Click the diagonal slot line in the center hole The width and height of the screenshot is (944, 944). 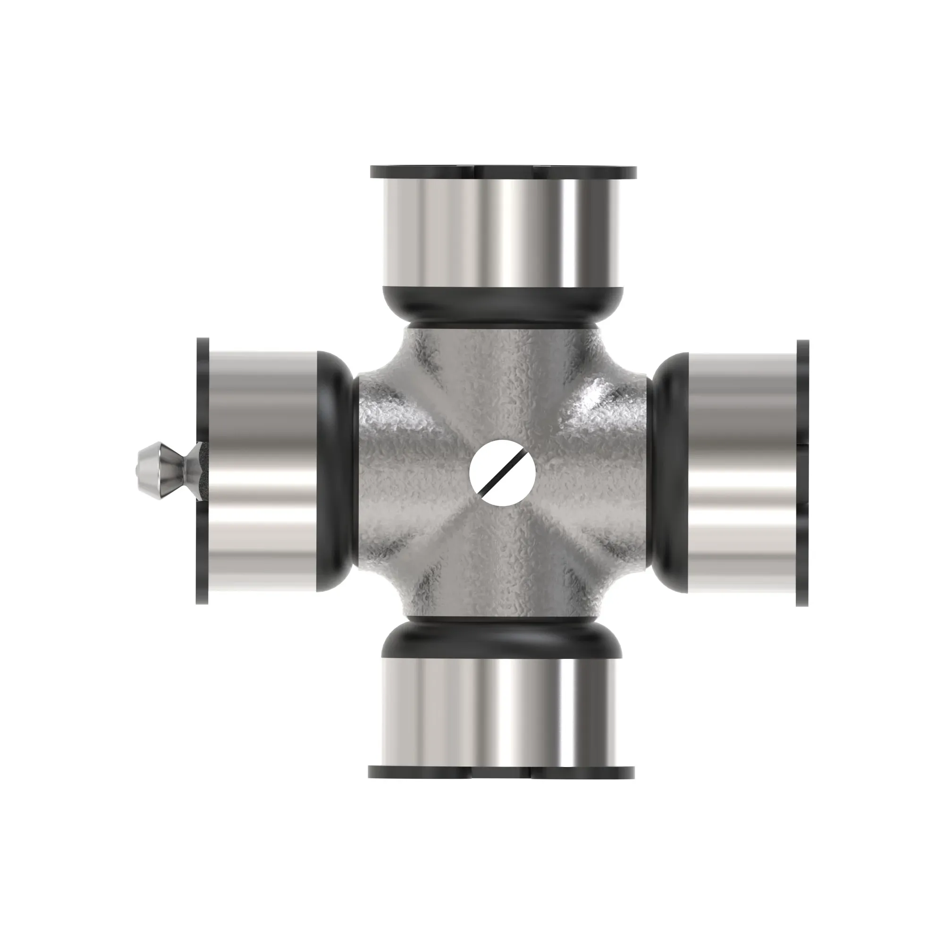point(502,472)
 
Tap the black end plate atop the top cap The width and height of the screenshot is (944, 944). point(503,172)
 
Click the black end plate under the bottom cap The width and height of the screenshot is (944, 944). point(501,772)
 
